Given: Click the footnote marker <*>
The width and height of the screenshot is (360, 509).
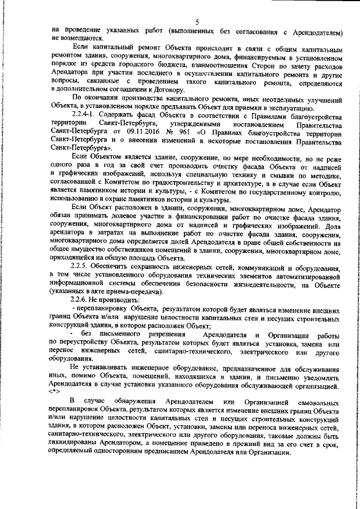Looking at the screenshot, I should [55, 389].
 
